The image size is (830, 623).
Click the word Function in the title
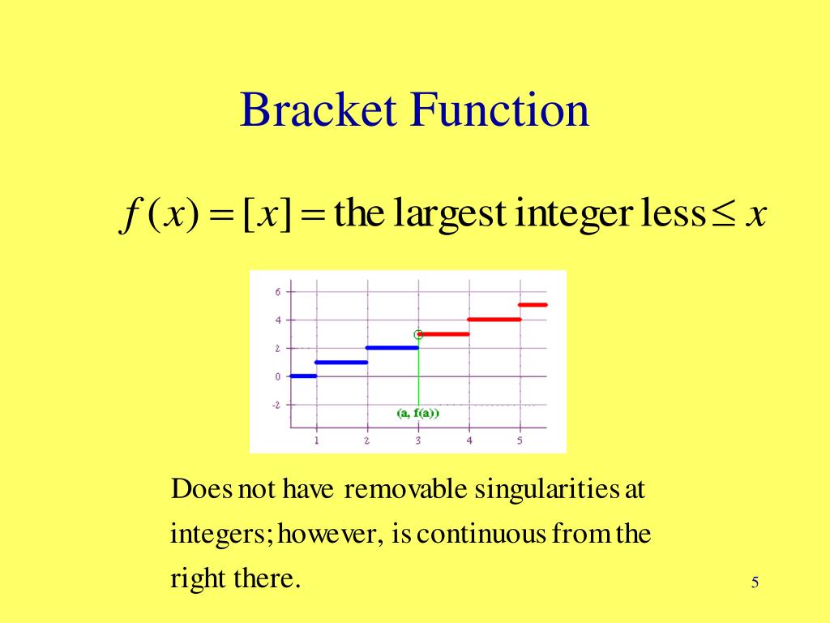pyautogui.click(x=499, y=110)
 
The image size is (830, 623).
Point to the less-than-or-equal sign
pyautogui.click(x=724, y=216)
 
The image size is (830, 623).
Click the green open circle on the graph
pyautogui.click(x=418, y=334)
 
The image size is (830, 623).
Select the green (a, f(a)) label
pyautogui.click(x=417, y=413)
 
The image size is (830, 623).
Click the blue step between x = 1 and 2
pyautogui.click(x=341, y=362)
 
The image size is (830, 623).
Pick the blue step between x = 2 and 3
pyautogui.click(x=392, y=348)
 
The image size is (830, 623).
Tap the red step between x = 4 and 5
pyautogui.click(x=494, y=320)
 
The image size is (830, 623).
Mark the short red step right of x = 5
pyautogui.click(x=533, y=305)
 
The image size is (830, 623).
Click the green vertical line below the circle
pyautogui.click(x=418, y=373)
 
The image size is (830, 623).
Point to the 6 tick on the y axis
pyautogui.click(x=277, y=292)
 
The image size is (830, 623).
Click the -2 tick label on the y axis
pyautogui.click(x=276, y=405)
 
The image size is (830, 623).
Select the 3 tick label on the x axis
pyautogui.click(x=418, y=440)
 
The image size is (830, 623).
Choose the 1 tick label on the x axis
pyautogui.click(x=316, y=440)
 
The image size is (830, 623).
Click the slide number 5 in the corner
pyautogui.click(x=755, y=582)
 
